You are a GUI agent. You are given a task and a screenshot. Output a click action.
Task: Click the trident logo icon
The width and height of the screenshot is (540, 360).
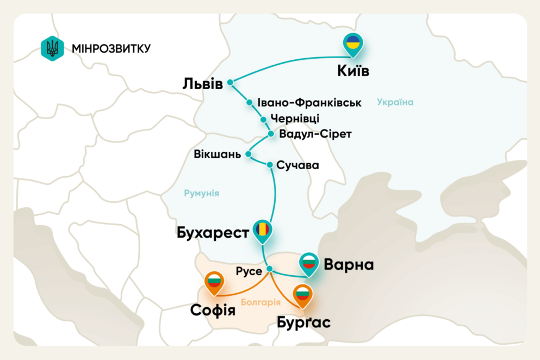(53, 48)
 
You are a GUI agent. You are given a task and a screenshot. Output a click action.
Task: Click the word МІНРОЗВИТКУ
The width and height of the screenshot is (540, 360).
(111, 48)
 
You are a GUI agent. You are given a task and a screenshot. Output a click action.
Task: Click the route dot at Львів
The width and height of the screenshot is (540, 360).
(230, 83)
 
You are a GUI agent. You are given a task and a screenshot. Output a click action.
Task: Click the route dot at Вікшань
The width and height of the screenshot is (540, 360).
(248, 154)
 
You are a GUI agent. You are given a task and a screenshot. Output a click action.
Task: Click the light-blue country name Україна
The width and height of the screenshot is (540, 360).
(395, 102)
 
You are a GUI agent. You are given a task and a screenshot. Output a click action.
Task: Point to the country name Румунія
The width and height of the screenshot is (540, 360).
(201, 193)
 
